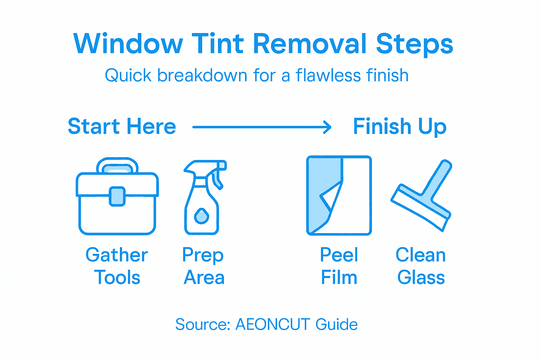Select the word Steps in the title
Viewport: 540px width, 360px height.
pyautogui.click(x=414, y=45)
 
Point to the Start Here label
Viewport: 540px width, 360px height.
pyautogui.click(x=122, y=127)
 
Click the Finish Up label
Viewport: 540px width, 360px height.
pyautogui.click(x=400, y=127)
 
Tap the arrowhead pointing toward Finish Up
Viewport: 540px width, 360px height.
pyautogui.click(x=327, y=127)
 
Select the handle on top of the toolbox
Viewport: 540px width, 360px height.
pyautogui.click(x=117, y=165)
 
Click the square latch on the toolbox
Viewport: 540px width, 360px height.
pyautogui.click(x=117, y=196)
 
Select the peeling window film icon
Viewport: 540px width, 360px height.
pyautogui.click(x=339, y=195)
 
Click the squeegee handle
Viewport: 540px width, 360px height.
pyautogui.click(x=438, y=179)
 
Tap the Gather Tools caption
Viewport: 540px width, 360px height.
pyautogui.click(x=117, y=266)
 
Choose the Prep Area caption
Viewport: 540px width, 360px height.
pyautogui.click(x=204, y=266)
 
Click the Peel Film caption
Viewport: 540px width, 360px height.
pyautogui.click(x=339, y=266)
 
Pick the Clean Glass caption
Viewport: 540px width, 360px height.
pyautogui.click(x=421, y=266)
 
